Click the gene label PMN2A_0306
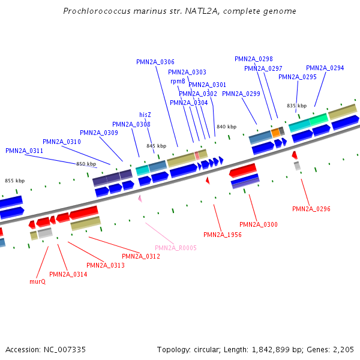155,62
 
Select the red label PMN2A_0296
311,209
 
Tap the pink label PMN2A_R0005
175,248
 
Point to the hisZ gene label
145,115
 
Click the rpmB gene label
178,81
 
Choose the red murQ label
37,281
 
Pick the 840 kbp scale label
226,127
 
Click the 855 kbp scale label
15,181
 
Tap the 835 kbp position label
296,106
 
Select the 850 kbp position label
86,164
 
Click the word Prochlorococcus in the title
95,11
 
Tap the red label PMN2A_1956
222,235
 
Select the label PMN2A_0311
24,151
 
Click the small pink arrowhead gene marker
140,198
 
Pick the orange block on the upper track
275,132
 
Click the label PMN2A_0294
325,68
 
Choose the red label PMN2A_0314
68,274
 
